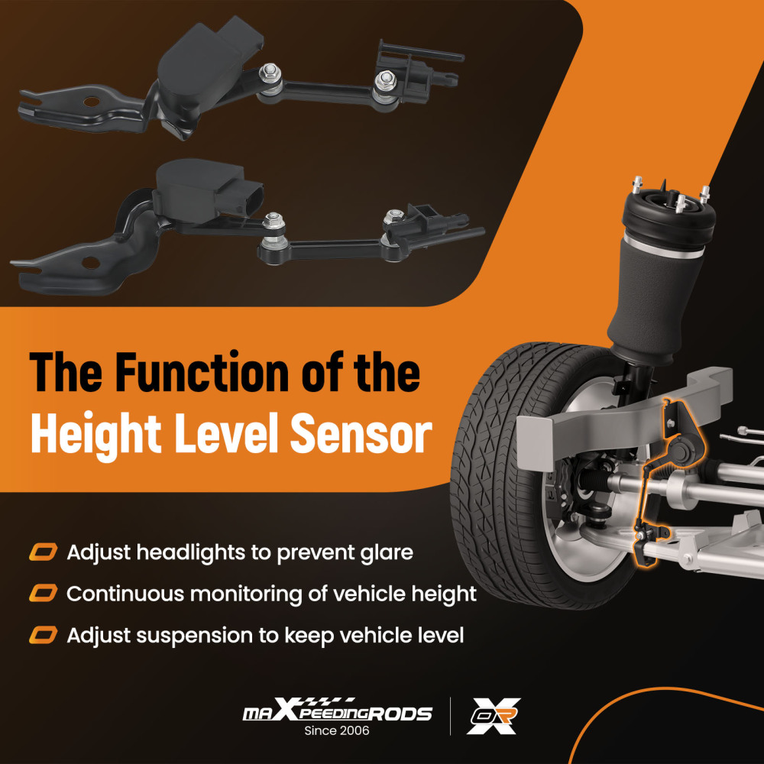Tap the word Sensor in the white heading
(361, 432)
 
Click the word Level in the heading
(227, 432)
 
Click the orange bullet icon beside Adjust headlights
(44, 552)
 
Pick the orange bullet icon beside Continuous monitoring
(44, 594)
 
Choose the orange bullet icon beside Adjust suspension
(44, 635)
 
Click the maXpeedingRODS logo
(337, 711)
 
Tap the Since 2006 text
(337, 730)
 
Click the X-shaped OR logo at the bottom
(493, 716)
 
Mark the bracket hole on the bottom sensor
(91, 263)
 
